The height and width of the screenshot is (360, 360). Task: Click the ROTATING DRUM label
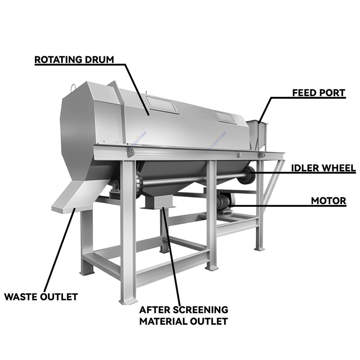[x=74, y=60]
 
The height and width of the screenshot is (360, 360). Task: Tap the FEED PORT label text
[x=318, y=93]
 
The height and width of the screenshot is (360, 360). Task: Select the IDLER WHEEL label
[x=323, y=168]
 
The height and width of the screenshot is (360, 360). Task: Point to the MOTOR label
[x=328, y=201]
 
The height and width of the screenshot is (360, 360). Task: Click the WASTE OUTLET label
[x=41, y=297]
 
